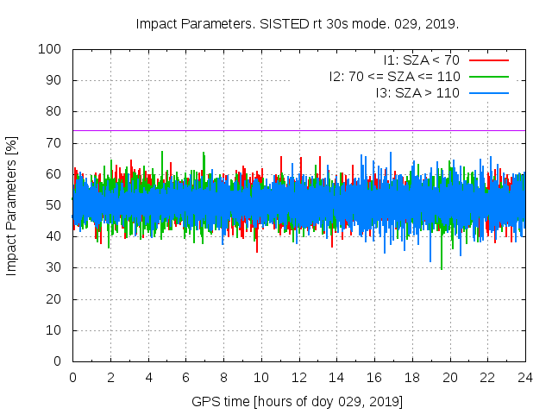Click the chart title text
pyautogui.click(x=298, y=23)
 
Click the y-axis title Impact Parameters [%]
pyautogui.click(x=12, y=205)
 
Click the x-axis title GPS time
pyautogui.click(x=298, y=402)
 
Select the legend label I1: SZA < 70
pyautogui.click(x=422, y=60)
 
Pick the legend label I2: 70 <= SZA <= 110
pyautogui.click(x=394, y=76)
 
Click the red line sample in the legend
pyautogui.click(x=488, y=60)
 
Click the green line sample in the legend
pyautogui.click(x=488, y=76)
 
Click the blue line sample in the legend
pyautogui.click(x=488, y=92)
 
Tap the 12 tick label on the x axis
pyautogui.click(x=298, y=377)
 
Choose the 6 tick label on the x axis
pyautogui.click(x=185, y=377)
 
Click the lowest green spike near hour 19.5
pyautogui.click(x=442, y=268)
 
